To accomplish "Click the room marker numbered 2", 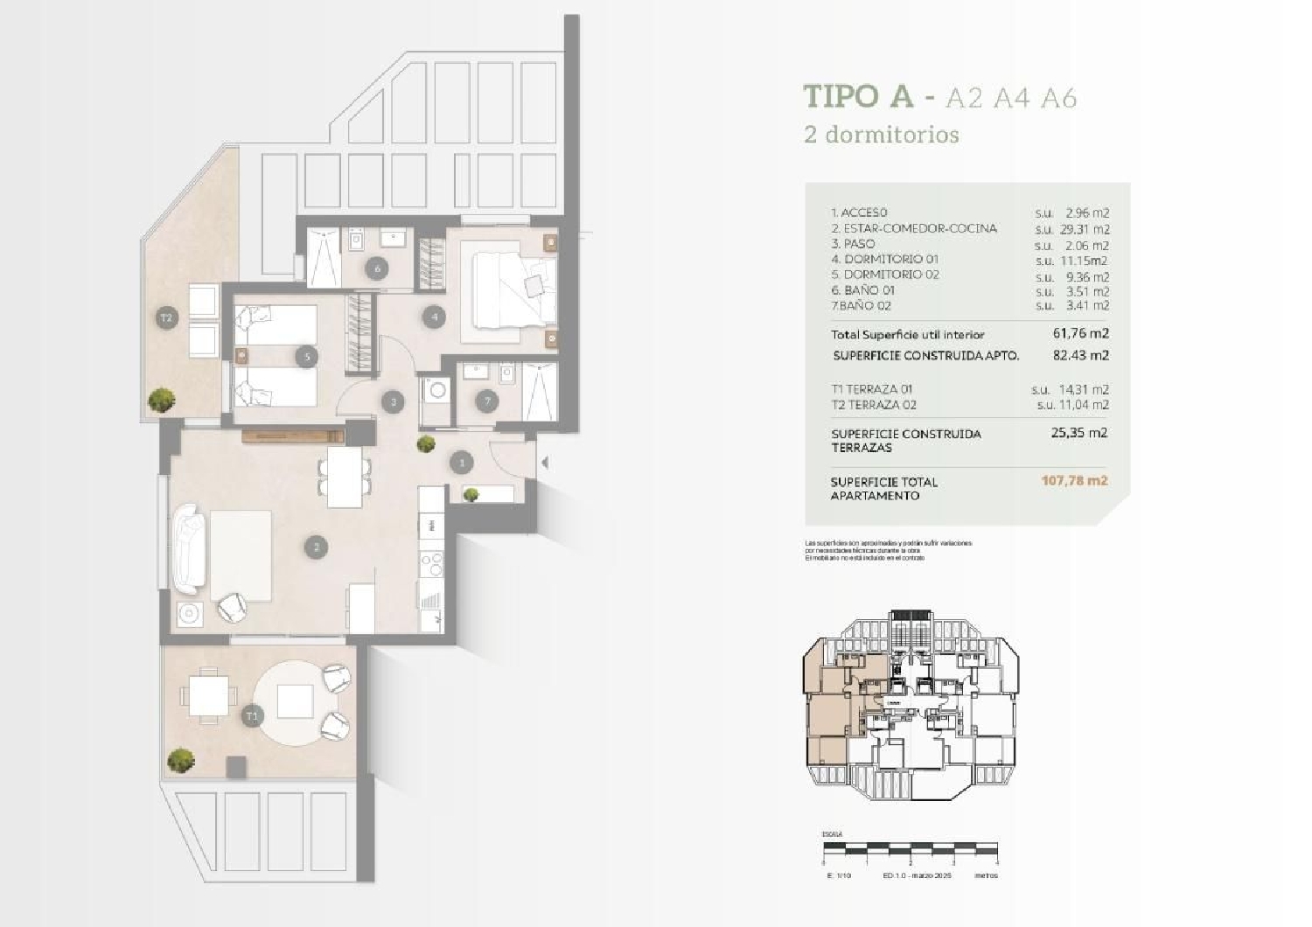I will tap(316, 547).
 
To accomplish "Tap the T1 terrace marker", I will tap(253, 716).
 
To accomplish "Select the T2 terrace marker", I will tap(166, 317).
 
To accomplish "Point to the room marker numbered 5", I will tap(305, 356).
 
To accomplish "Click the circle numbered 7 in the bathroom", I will tap(487, 401).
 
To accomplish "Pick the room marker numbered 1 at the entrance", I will tap(462, 462).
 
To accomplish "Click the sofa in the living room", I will tap(190, 554).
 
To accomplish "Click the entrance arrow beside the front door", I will tap(545, 462).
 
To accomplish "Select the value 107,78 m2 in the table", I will tap(1074, 480).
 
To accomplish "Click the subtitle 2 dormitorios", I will tap(882, 135).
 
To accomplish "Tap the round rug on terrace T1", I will tap(294, 702).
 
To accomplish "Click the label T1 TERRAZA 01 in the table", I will tap(873, 389).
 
